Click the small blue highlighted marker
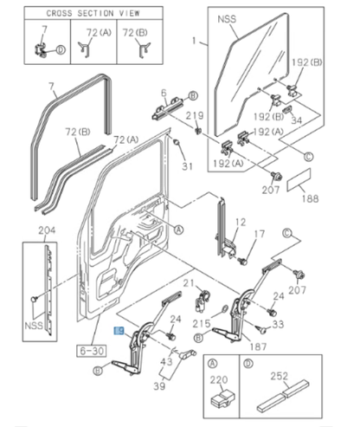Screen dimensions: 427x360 coord(120,331)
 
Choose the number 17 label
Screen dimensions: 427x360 coord(260,234)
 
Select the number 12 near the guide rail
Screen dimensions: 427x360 coord(241,222)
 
